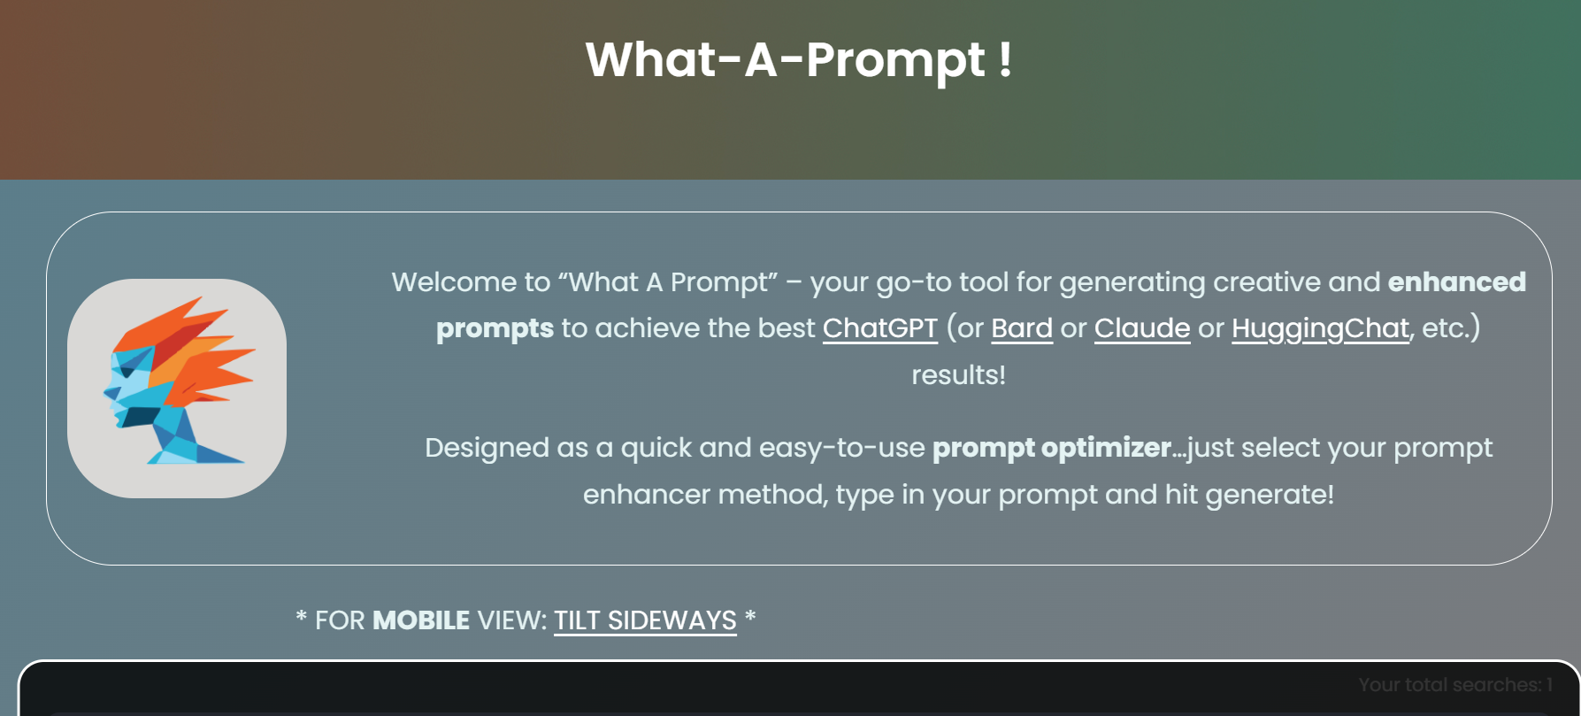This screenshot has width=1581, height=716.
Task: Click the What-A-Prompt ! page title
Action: pos(798,60)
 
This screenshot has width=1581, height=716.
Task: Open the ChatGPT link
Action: pos(879,328)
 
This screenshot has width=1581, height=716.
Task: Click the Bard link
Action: pos(1021,328)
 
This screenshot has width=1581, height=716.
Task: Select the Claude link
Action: pos(1141,328)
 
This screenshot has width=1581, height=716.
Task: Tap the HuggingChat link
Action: pos(1319,328)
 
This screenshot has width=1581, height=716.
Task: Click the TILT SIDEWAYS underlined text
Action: pos(645,620)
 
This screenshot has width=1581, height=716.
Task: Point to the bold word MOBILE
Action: pos(420,620)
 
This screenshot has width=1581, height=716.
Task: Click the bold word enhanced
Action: pos(1456,282)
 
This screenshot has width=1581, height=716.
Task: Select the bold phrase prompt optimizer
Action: pos(1051,448)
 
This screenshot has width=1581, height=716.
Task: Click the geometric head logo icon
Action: pos(177,389)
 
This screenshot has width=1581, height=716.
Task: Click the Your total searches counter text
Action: pos(1454,685)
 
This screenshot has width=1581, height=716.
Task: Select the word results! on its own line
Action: pos(958,375)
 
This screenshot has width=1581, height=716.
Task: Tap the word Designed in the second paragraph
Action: pos(487,448)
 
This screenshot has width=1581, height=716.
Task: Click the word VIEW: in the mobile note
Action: pos(511,620)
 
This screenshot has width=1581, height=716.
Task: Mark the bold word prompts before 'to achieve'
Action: pos(495,328)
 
